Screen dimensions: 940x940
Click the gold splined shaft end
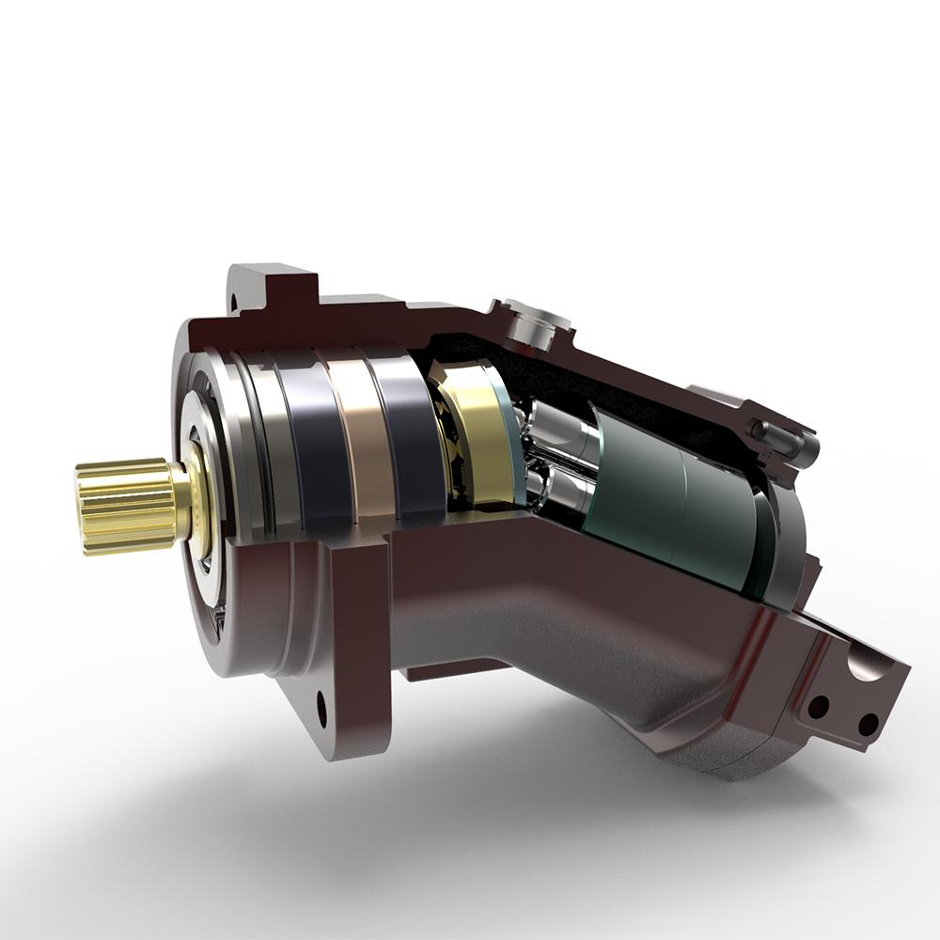[x=122, y=505]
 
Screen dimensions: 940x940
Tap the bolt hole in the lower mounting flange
[x=321, y=708]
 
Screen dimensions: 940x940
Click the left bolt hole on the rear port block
[x=819, y=705]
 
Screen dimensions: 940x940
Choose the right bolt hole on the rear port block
[x=868, y=724]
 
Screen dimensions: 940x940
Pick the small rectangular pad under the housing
[x=442, y=670]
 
